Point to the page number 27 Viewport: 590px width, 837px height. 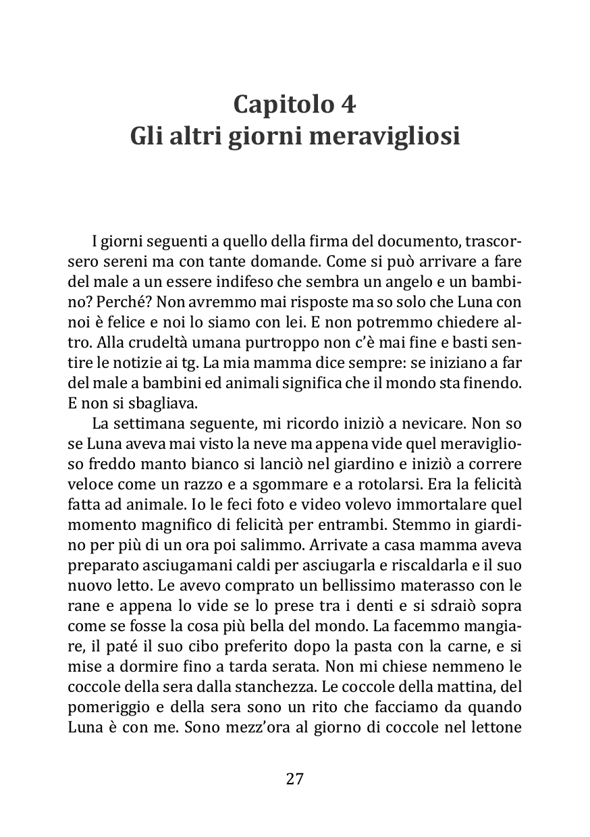tap(295, 778)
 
